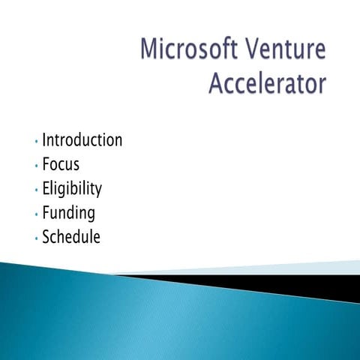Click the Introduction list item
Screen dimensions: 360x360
(x=82, y=140)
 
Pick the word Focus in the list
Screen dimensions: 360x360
(x=61, y=164)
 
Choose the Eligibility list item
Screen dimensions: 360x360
(x=72, y=189)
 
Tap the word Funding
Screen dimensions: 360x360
(x=69, y=214)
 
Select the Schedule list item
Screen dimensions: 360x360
(x=71, y=238)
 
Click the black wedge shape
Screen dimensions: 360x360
(x=300, y=283)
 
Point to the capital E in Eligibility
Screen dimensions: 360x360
(x=46, y=189)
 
